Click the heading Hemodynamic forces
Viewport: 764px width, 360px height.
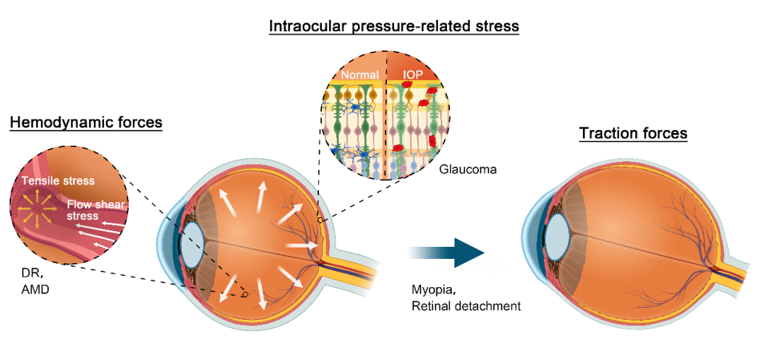click(86, 122)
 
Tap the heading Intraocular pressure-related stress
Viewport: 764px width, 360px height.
click(394, 27)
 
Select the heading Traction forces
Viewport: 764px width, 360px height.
click(633, 133)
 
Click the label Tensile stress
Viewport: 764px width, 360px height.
click(58, 181)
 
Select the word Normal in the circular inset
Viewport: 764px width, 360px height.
click(361, 74)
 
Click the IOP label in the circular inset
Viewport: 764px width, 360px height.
click(412, 74)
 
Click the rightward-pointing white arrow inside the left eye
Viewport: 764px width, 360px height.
click(301, 245)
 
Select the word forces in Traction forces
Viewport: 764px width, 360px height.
click(662, 133)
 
